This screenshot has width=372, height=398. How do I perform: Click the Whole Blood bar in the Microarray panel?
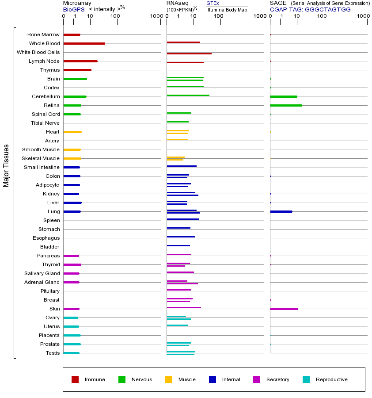pyautogui.click(x=84, y=43)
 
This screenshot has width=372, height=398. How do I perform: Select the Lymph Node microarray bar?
pyautogui.click(x=80, y=61)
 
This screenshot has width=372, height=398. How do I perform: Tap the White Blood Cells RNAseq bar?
pyautogui.click(x=189, y=54)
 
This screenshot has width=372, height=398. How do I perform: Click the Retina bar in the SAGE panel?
pyautogui.click(x=286, y=105)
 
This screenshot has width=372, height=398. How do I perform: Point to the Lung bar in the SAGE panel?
pyautogui.click(x=281, y=211)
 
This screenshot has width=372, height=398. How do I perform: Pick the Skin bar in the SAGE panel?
pyautogui.click(x=284, y=309)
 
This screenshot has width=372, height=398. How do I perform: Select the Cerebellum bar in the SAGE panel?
pyautogui.click(x=284, y=96)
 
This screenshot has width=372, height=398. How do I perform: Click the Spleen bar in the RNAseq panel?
pyautogui.click(x=183, y=219)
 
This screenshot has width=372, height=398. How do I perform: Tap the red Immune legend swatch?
pyautogui.click(x=75, y=379)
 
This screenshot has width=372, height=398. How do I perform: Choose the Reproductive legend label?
pyautogui.click(x=331, y=379)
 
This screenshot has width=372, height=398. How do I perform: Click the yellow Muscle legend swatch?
pyautogui.click(x=169, y=379)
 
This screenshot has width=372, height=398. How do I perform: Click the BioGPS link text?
pyautogui.click(x=73, y=9)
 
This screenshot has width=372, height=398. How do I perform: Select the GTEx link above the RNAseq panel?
pyautogui.click(x=213, y=3)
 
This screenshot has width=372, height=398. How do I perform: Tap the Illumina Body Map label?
pyautogui.click(x=227, y=9)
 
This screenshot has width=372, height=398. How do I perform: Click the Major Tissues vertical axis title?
pyautogui.click(x=6, y=165)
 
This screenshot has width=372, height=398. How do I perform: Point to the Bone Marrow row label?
pyautogui.click(x=43, y=34)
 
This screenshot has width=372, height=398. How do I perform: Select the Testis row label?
pyautogui.click(x=53, y=353)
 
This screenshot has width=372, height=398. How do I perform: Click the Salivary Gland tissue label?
pyautogui.click(x=42, y=273)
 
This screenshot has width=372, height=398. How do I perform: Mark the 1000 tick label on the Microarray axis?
pyautogui.click(x=156, y=16)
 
